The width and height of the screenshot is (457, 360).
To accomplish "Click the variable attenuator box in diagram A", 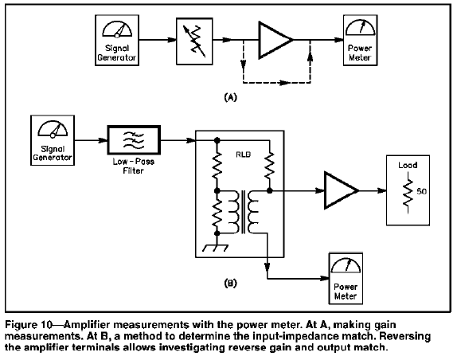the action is (194, 41).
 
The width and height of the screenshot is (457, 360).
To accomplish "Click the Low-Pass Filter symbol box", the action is (134, 140).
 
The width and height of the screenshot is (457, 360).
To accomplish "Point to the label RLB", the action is (243, 155).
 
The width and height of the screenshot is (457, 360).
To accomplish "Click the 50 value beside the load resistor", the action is (421, 191).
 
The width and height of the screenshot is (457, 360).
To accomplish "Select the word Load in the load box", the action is (408, 166).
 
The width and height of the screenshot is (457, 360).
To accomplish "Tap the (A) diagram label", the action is (231, 97).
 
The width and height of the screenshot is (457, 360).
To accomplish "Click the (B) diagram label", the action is (231, 283).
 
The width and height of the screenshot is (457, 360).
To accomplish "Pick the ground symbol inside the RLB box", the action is (216, 248).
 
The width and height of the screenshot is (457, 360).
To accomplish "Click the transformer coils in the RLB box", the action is (244, 212).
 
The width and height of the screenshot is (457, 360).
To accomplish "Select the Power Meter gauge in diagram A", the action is (361, 28).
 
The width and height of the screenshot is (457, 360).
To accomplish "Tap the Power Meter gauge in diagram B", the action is (346, 265).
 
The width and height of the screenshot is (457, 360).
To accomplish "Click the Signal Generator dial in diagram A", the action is (117, 29).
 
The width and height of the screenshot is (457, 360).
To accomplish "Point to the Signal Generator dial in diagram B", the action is (53, 129).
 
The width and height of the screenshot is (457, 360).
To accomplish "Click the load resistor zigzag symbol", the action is (408, 193).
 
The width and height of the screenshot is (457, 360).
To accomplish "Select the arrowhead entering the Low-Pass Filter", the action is (104, 140).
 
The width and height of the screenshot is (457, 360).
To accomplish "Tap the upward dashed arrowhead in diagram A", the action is (311, 56).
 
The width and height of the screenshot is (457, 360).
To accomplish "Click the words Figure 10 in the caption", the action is (29, 325).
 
